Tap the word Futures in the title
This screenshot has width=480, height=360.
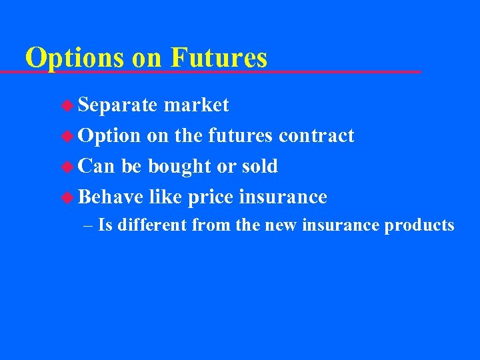219,57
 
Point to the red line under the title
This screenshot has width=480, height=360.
220,71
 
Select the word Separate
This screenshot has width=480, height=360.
117,105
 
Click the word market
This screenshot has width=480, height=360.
196,105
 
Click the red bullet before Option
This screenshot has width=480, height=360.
68,136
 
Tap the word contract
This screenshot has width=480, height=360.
316,135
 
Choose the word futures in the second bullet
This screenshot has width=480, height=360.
240,135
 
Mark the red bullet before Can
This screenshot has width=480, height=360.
68,167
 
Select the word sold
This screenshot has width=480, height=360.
261,166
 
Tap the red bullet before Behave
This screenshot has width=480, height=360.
68,197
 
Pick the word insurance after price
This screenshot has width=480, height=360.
283,197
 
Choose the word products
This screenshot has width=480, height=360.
419,225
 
